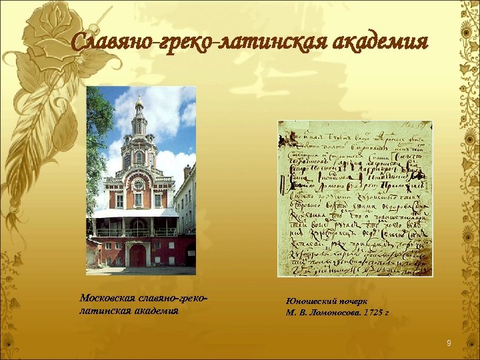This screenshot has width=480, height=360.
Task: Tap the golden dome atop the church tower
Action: click(x=139, y=102)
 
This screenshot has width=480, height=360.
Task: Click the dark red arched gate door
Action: click(x=138, y=256)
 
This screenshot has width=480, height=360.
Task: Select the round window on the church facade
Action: click(x=139, y=184)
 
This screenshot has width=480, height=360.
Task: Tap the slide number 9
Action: click(x=449, y=343)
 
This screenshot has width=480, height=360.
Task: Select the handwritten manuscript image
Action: click(x=355, y=199)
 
